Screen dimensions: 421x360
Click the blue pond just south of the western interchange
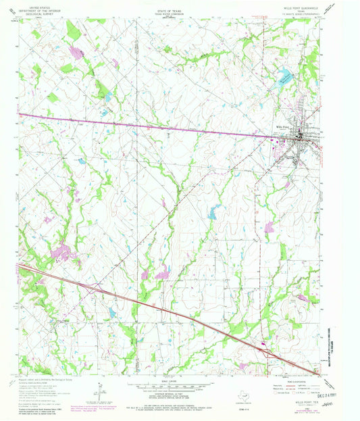(x=111, y=312)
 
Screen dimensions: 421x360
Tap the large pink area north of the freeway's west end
(x=59, y=253)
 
